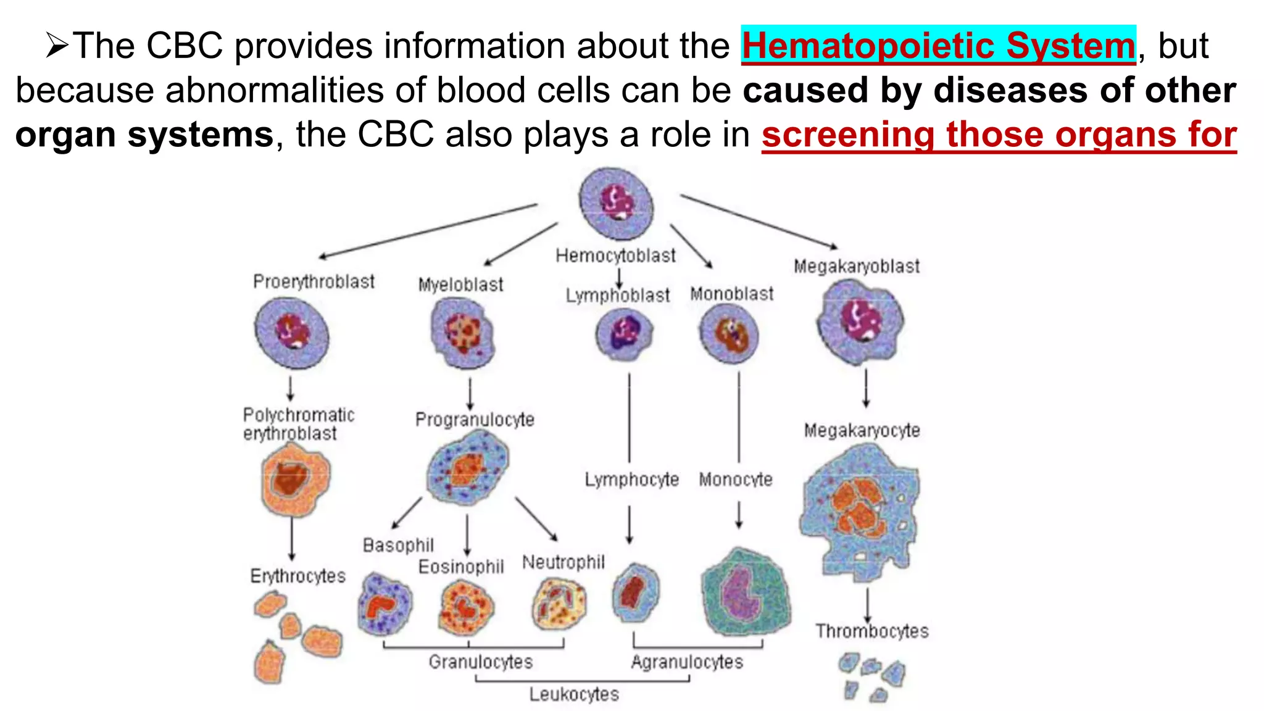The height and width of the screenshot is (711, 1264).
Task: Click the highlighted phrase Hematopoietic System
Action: point(938,46)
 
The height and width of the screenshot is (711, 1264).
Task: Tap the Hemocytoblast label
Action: point(615,256)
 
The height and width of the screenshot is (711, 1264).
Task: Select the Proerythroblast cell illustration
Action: point(291,333)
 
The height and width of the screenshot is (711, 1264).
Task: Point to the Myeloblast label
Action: point(460,285)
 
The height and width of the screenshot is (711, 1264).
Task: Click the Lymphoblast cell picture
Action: point(624,335)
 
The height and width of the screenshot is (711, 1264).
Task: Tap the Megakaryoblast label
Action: point(857,267)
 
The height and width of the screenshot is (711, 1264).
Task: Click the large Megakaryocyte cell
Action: point(860,512)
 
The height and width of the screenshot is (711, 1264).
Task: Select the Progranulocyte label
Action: point(475,420)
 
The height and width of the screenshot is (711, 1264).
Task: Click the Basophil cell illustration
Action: point(385,603)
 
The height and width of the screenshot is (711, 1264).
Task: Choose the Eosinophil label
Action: point(461,567)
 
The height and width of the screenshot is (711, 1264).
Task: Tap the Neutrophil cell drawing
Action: point(559,603)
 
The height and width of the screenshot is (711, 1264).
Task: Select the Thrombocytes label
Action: point(871,631)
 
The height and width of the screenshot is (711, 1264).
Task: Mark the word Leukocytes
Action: point(574,694)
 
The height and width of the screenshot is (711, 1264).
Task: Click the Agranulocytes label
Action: point(687,662)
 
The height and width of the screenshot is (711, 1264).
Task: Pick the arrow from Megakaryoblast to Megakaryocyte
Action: point(866,388)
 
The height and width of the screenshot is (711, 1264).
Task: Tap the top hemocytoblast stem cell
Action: point(616,203)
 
